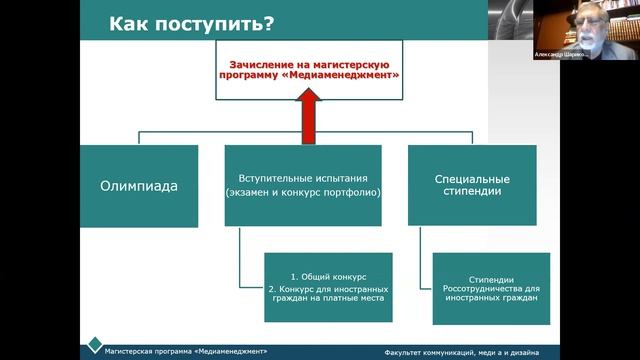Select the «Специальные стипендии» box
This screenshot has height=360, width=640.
(x=471, y=185)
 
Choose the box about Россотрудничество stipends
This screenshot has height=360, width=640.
(x=490, y=288)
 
